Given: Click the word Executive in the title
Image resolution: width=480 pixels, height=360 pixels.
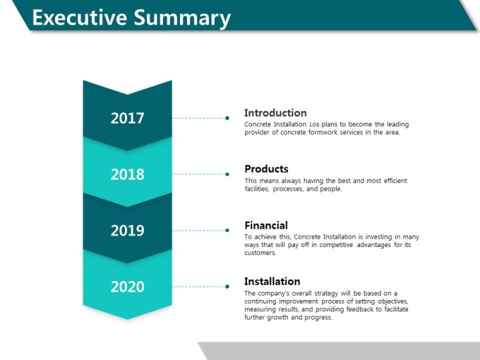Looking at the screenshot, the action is (80, 18).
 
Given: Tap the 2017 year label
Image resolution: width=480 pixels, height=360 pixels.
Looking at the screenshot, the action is (127, 118).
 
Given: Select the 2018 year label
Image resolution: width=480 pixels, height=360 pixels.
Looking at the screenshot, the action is (127, 174).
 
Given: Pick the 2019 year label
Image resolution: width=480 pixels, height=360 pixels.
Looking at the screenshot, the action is (127, 231).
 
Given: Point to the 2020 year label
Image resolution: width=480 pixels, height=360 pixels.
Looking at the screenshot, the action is (127, 287).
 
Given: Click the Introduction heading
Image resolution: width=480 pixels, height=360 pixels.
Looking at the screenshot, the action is (275, 113).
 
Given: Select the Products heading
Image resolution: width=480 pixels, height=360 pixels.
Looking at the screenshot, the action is (266, 169).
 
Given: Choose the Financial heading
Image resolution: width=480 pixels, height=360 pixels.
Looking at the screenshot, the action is (266, 225).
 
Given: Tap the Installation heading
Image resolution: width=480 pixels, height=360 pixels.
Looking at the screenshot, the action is (272, 282).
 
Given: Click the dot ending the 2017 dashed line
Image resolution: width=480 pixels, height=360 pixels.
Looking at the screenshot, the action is (227, 118).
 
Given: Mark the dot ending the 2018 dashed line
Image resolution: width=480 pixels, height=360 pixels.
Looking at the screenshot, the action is (227, 174).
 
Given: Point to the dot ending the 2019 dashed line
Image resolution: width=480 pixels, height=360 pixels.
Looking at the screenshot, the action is (227, 231).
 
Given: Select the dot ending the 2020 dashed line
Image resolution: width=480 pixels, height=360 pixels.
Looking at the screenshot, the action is (227, 287).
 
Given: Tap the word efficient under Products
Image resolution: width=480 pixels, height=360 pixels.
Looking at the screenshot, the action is (395, 181).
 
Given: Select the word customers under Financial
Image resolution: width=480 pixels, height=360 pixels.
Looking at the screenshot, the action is (260, 253).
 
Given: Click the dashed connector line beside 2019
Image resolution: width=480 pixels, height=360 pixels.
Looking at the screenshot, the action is (199, 231).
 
